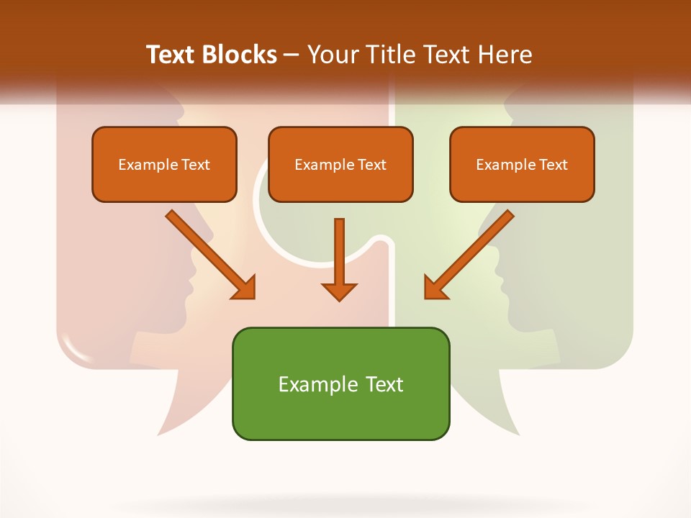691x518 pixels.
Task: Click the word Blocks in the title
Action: pos(241,55)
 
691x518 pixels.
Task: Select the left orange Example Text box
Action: pos(164,164)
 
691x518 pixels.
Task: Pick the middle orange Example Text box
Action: pos(340,164)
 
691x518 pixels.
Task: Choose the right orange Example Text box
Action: pos(522,164)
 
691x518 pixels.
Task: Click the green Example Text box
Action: pos(340,383)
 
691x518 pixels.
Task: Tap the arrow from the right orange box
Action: pos(469,255)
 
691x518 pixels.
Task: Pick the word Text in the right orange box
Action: pos(553,164)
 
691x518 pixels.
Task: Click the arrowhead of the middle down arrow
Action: pos(339,291)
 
